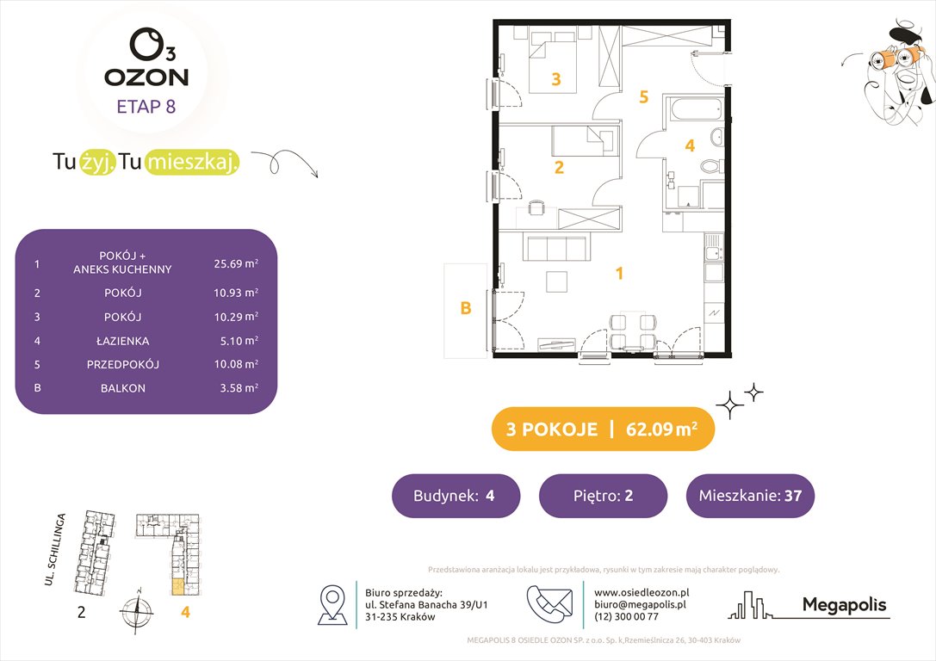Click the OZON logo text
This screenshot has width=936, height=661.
146,77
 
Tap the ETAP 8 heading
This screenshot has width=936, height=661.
146,108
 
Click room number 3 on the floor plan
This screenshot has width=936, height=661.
556,80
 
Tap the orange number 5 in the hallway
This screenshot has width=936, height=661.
642,97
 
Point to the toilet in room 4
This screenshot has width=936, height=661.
710,165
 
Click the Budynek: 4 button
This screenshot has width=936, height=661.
456,496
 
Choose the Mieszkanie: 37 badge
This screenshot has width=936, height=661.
750,496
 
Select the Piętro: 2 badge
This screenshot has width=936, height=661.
603,496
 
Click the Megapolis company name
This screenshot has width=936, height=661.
844,605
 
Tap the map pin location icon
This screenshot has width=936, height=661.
332,604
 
